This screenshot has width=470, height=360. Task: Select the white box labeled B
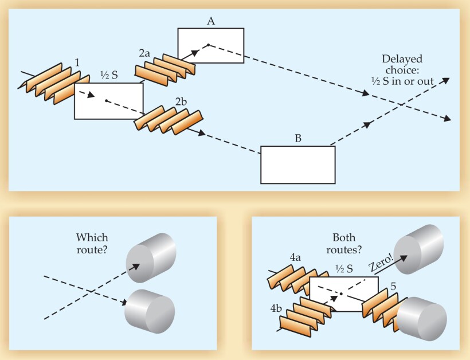(x=297, y=165)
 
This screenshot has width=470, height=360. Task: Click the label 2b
(x=181, y=102)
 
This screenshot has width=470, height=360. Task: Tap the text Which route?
(x=91, y=243)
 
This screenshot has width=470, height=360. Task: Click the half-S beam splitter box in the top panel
(x=108, y=101)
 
